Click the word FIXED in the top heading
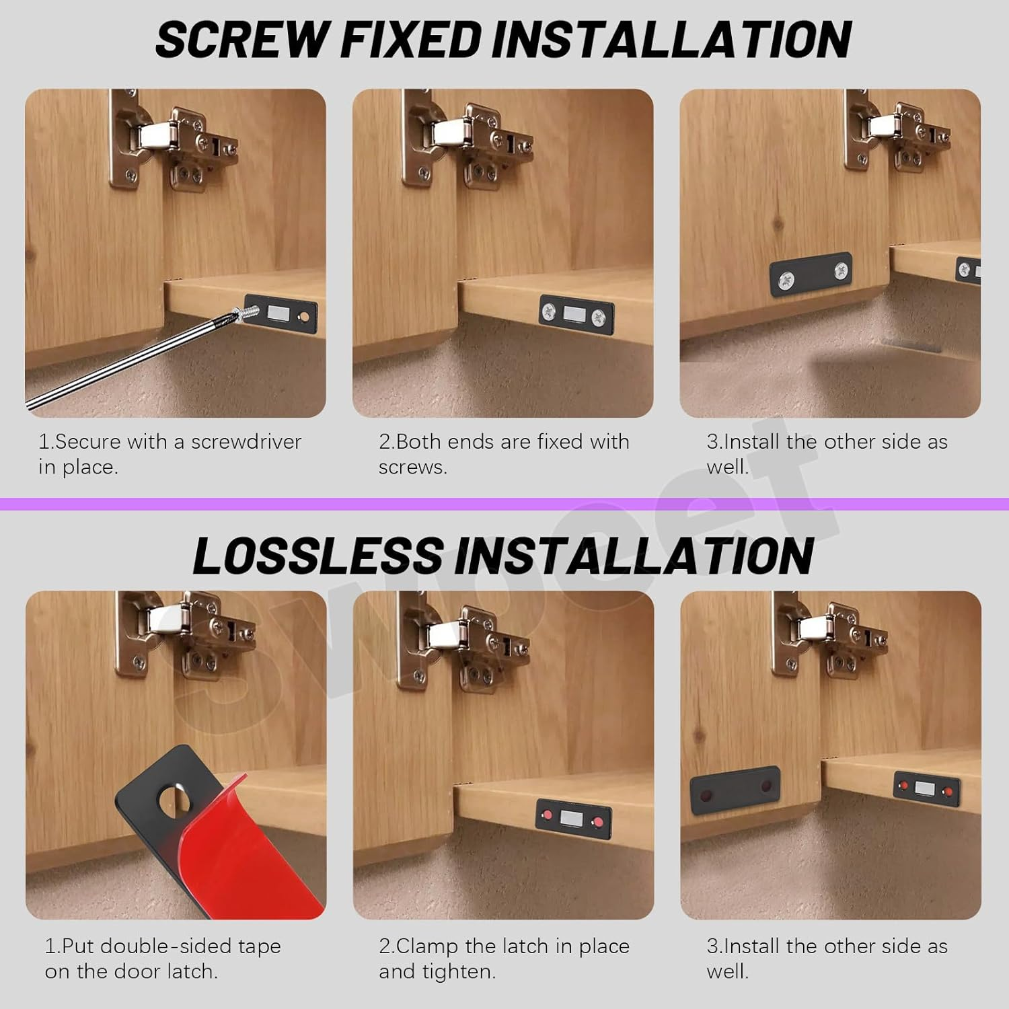tap(411, 39)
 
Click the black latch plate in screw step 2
tap(577, 313)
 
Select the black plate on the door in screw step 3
tap(811, 274)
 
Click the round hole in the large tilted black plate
tap(173, 796)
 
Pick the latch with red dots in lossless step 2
tap(574, 817)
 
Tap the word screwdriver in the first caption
tap(246, 442)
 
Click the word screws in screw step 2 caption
tap(412, 468)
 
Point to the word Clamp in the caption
tap(427, 946)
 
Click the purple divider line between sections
tap(504, 504)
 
